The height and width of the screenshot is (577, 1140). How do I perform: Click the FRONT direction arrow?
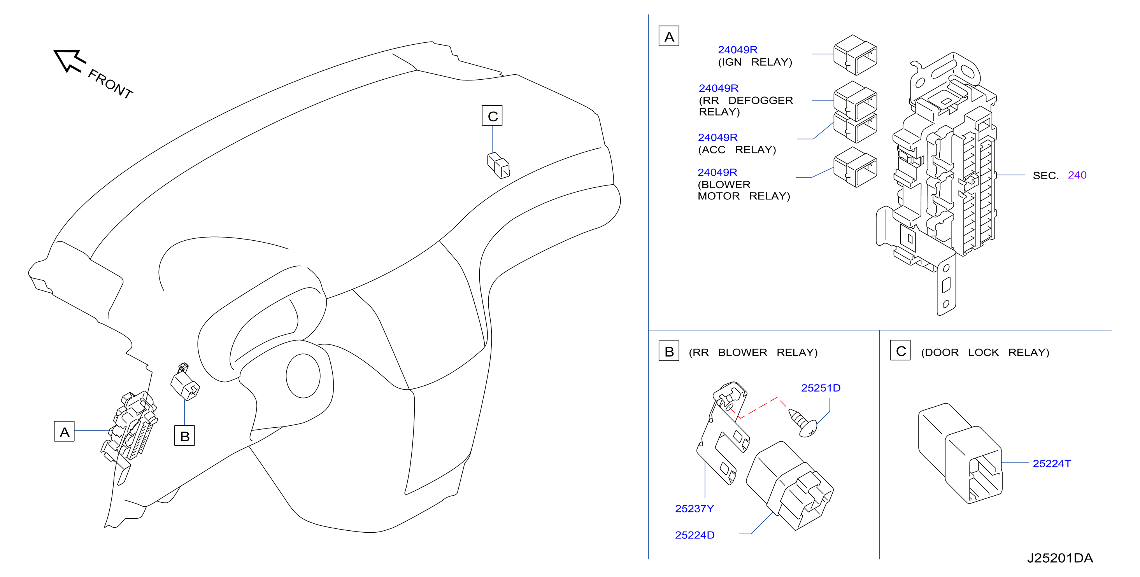pyautogui.click(x=70, y=61)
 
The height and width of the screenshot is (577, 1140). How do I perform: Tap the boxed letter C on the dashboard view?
pyautogui.click(x=492, y=115)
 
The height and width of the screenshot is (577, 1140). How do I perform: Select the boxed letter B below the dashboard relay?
pyautogui.click(x=184, y=435)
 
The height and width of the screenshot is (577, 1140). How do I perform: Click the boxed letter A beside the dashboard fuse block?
pyautogui.click(x=64, y=432)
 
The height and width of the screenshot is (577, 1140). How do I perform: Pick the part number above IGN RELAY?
pyautogui.click(x=737, y=49)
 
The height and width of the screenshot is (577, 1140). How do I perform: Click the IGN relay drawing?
pyautogui.click(x=855, y=55)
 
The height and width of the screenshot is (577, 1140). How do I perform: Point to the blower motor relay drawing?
pyautogui.click(x=855, y=167)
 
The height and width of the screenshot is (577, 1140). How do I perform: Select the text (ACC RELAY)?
pyautogui.click(x=737, y=150)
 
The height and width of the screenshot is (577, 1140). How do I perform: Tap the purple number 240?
pyautogui.click(x=1077, y=175)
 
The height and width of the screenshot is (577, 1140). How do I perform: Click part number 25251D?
pyautogui.click(x=821, y=388)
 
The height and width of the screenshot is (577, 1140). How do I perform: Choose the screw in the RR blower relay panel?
pyautogui.click(x=803, y=423)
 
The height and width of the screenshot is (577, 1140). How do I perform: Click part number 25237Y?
pyautogui.click(x=695, y=509)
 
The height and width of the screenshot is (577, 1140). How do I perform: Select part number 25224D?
pyautogui.click(x=695, y=535)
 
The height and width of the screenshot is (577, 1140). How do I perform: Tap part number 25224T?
pyautogui.click(x=1052, y=463)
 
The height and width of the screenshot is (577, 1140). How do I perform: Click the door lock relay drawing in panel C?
pyautogui.click(x=960, y=453)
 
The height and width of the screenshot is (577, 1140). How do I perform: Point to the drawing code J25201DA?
pyautogui.click(x=1060, y=558)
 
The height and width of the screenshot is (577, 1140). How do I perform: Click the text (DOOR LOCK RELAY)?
pyautogui.click(x=985, y=352)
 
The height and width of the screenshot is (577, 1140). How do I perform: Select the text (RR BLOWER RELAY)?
pyautogui.click(x=753, y=352)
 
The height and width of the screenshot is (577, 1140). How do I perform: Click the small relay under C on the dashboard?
pyautogui.click(x=498, y=165)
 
